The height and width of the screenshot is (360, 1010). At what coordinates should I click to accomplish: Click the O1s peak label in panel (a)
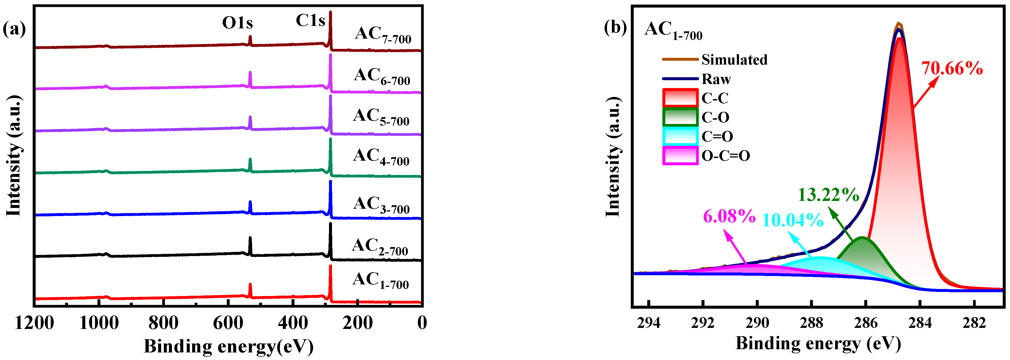pos(237,23)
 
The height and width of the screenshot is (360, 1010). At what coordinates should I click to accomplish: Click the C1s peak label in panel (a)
pos(310,21)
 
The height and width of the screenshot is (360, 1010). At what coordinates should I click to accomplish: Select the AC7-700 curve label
pos(383,35)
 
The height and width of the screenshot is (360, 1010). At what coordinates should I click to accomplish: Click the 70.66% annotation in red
pos(952,69)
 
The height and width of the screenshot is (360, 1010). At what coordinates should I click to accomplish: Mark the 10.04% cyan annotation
pos(793,220)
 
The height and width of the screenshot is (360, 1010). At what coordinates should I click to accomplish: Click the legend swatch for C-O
pos(680,117)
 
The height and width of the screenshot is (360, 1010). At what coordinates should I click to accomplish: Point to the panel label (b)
pos(615,28)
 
